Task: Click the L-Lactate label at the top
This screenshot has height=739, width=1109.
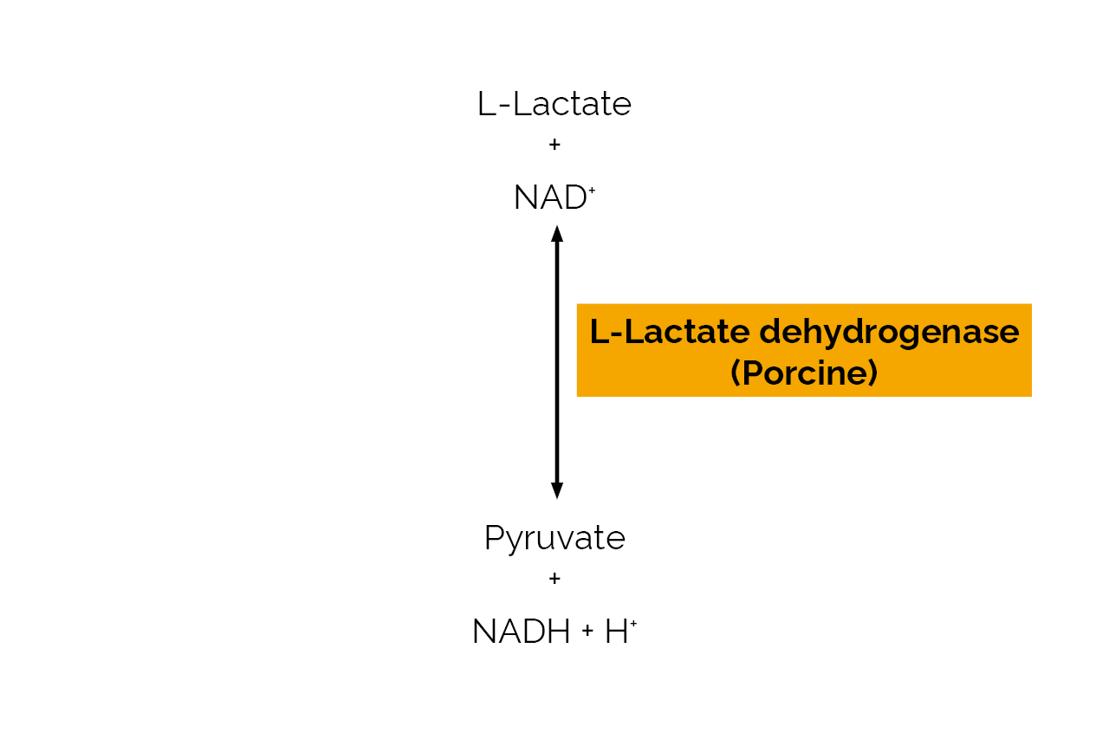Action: [x=554, y=104]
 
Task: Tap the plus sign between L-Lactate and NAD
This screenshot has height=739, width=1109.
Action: [x=554, y=145]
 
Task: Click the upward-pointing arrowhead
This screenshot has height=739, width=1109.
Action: [x=557, y=233]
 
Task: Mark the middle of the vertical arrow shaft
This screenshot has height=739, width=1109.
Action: [x=557, y=362]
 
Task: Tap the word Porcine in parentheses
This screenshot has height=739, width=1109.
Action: [x=805, y=373]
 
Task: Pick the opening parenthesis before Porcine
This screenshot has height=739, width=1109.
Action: [x=736, y=373]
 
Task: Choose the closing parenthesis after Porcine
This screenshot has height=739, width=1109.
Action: [x=873, y=373]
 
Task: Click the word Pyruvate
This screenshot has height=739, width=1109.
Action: [x=554, y=539]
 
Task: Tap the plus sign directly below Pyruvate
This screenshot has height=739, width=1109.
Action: [x=554, y=578]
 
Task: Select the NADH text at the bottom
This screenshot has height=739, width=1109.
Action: [x=522, y=632]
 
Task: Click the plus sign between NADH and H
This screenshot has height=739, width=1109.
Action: [x=588, y=632]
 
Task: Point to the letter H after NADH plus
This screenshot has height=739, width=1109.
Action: [x=616, y=632]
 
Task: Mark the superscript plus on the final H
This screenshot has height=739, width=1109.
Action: [x=633, y=622]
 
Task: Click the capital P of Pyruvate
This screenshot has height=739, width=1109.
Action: [x=493, y=538]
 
